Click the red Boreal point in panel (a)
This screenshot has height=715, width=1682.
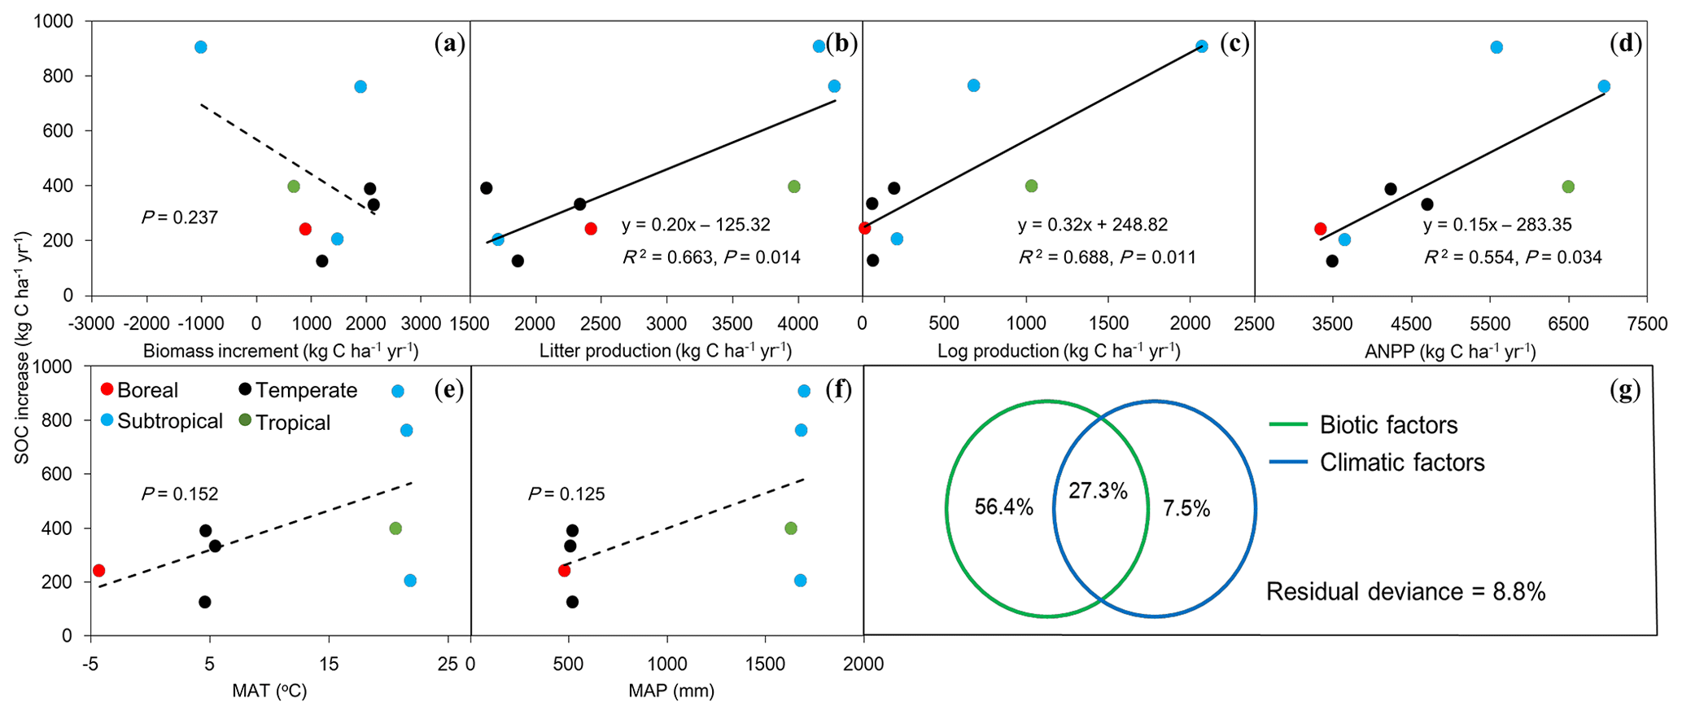pyautogui.click(x=305, y=229)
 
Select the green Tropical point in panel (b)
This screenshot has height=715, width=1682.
pyautogui.click(x=794, y=186)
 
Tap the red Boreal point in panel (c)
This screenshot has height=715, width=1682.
pyautogui.click(x=865, y=228)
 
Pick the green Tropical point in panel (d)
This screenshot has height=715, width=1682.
pyautogui.click(x=1568, y=186)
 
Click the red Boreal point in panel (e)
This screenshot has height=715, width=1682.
pyautogui.click(x=98, y=570)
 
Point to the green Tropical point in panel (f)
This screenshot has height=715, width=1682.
pyautogui.click(x=790, y=529)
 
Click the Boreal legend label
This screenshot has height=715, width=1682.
pyautogui.click(x=147, y=390)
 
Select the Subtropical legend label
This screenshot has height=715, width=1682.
pyautogui.click(x=169, y=421)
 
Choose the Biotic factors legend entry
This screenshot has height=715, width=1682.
pyautogui.click(x=1388, y=425)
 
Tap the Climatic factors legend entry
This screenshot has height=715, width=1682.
pyautogui.click(x=1401, y=463)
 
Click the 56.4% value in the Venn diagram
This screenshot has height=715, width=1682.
pyautogui.click(x=1003, y=507)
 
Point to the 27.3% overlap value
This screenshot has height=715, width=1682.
pyautogui.click(x=1098, y=491)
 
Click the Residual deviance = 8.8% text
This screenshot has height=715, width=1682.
pyautogui.click(x=1405, y=591)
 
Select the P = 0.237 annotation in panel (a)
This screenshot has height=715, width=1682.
pyautogui.click(x=179, y=217)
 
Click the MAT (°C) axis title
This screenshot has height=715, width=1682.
pyautogui.click(x=269, y=691)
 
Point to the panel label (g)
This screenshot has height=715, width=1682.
pyautogui.click(x=1625, y=391)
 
